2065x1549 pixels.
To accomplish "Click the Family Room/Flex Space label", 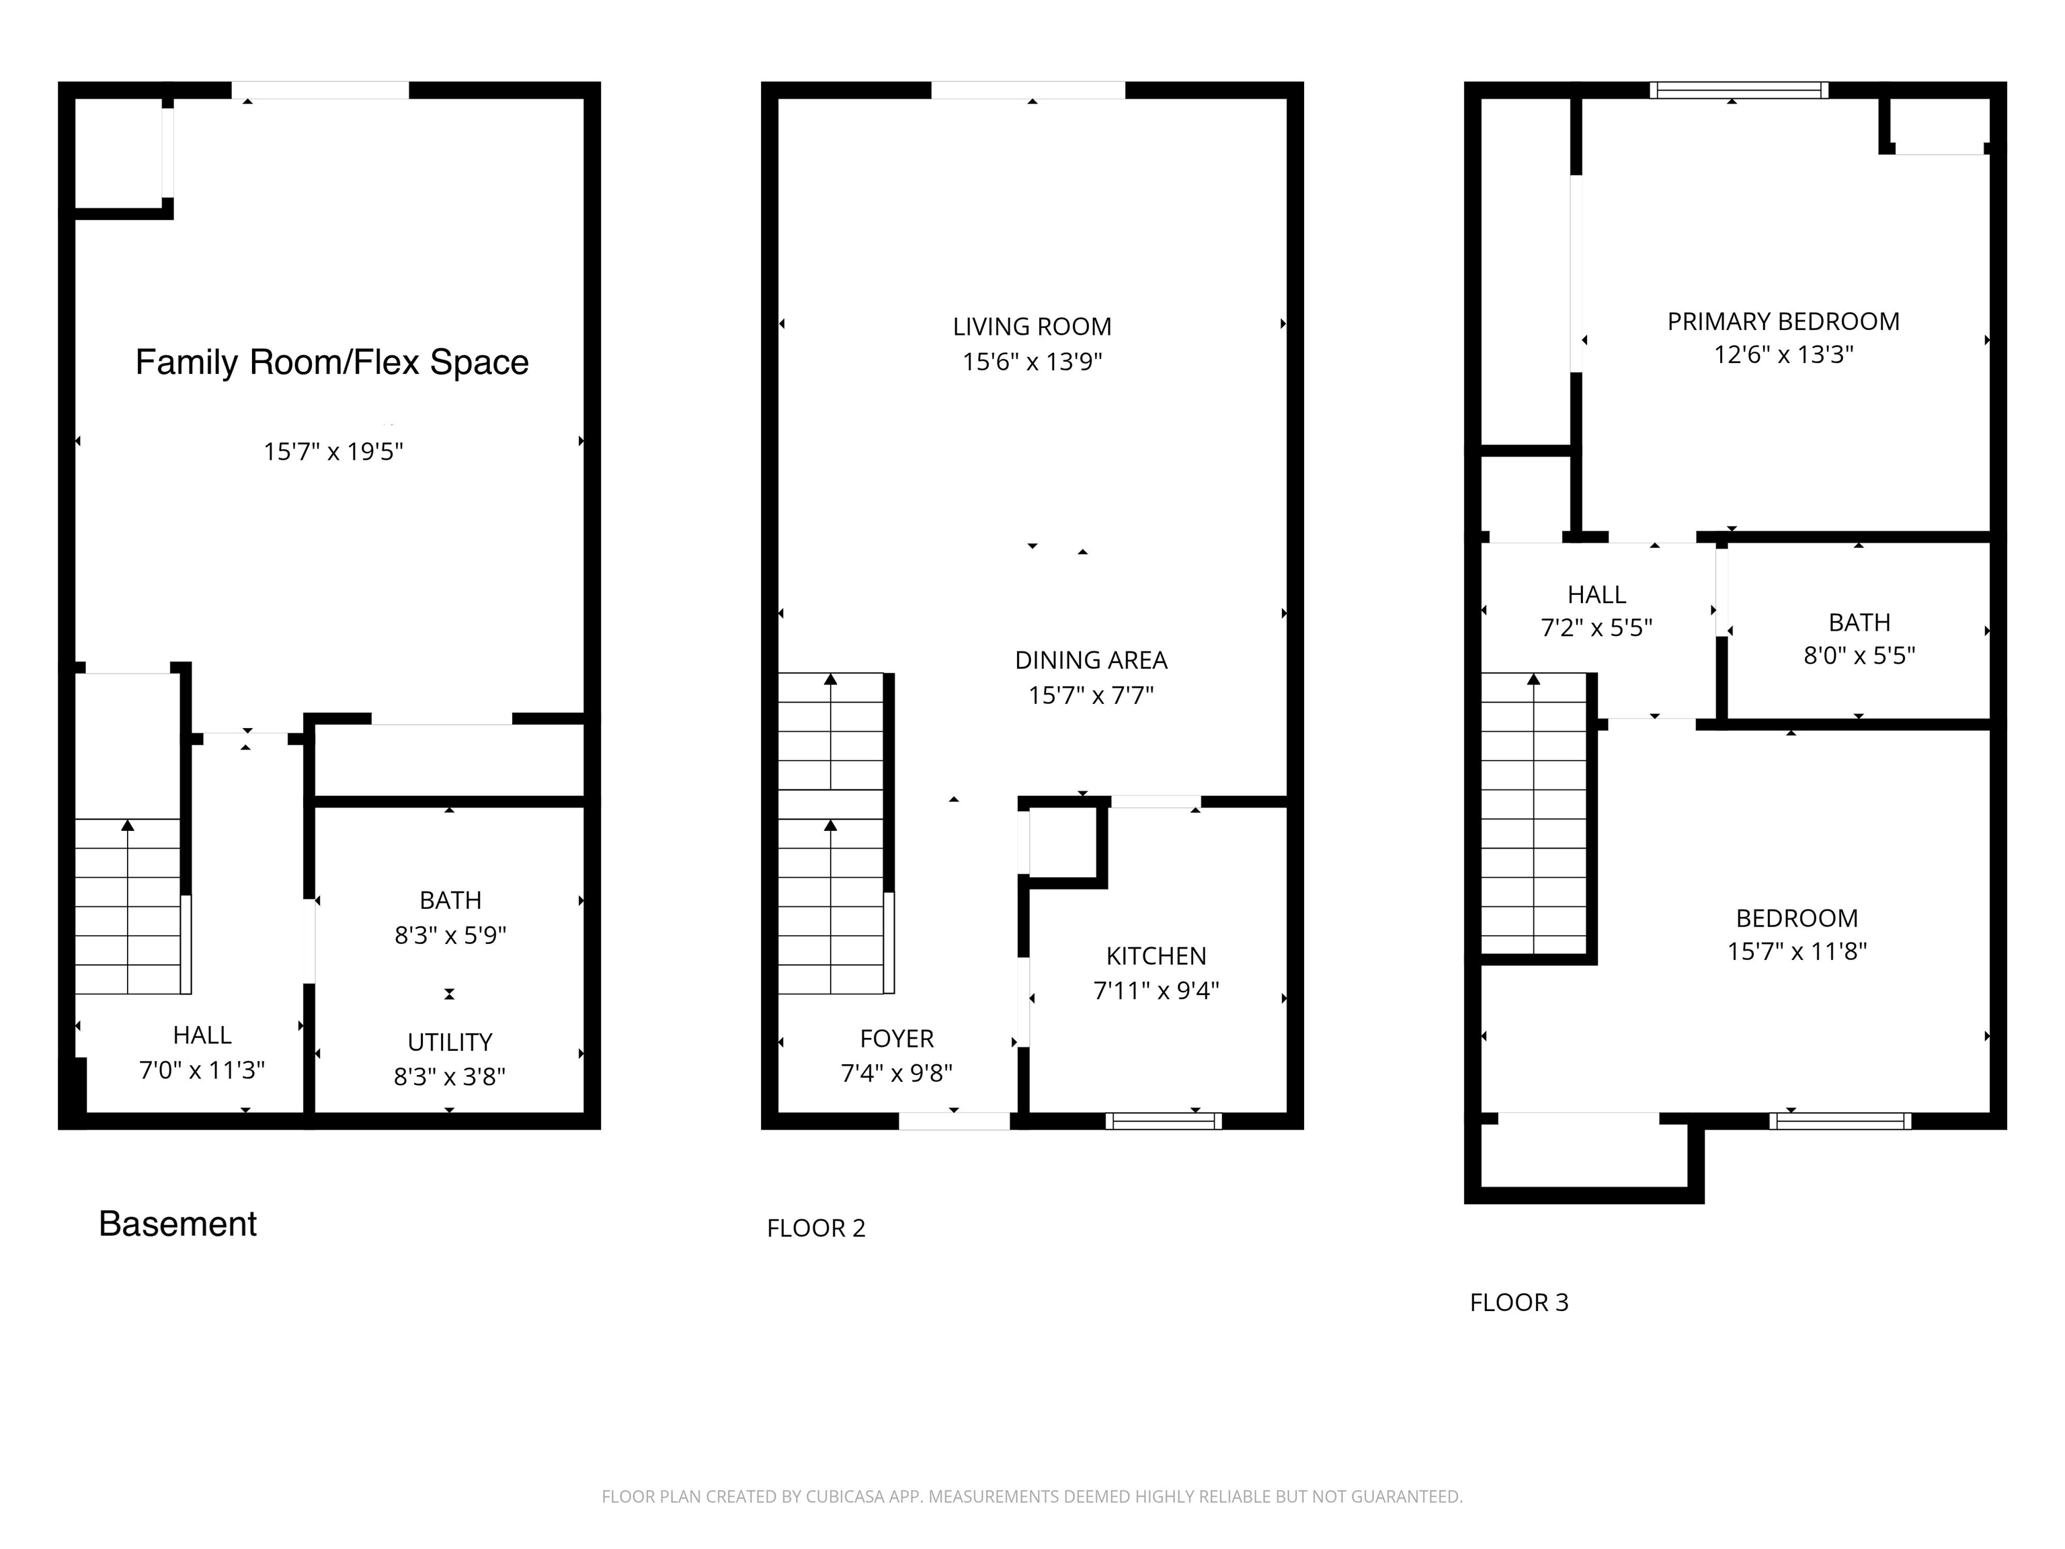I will [x=331, y=362].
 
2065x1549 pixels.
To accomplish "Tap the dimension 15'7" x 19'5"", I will [x=333, y=452].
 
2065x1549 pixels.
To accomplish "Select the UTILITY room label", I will [x=449, y=1042].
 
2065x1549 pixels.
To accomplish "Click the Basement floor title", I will [x=177, y=1224].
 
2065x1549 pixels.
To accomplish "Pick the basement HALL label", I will [x=202, y=1035].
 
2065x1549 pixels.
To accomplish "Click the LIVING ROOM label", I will [x=1032, y=327].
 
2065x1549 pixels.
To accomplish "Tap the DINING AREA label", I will [x=1090, y=660].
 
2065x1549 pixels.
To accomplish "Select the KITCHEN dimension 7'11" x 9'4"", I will [x=1156, y=991].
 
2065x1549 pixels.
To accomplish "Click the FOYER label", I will [x=896, y=1038].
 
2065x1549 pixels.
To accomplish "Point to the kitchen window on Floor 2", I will [x=1163, y=1121].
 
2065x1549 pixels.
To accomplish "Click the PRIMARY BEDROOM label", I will [x=1783, y=321].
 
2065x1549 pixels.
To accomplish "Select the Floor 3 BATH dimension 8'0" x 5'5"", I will [x=1859, y=656].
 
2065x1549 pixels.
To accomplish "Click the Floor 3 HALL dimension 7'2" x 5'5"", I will [x=1596, y=627].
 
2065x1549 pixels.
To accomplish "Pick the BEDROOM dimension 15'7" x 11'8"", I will [x=1796, y=951].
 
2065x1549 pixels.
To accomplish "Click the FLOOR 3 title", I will [x=1519, y=1302].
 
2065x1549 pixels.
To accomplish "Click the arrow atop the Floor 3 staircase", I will [x=1533, y=680].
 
